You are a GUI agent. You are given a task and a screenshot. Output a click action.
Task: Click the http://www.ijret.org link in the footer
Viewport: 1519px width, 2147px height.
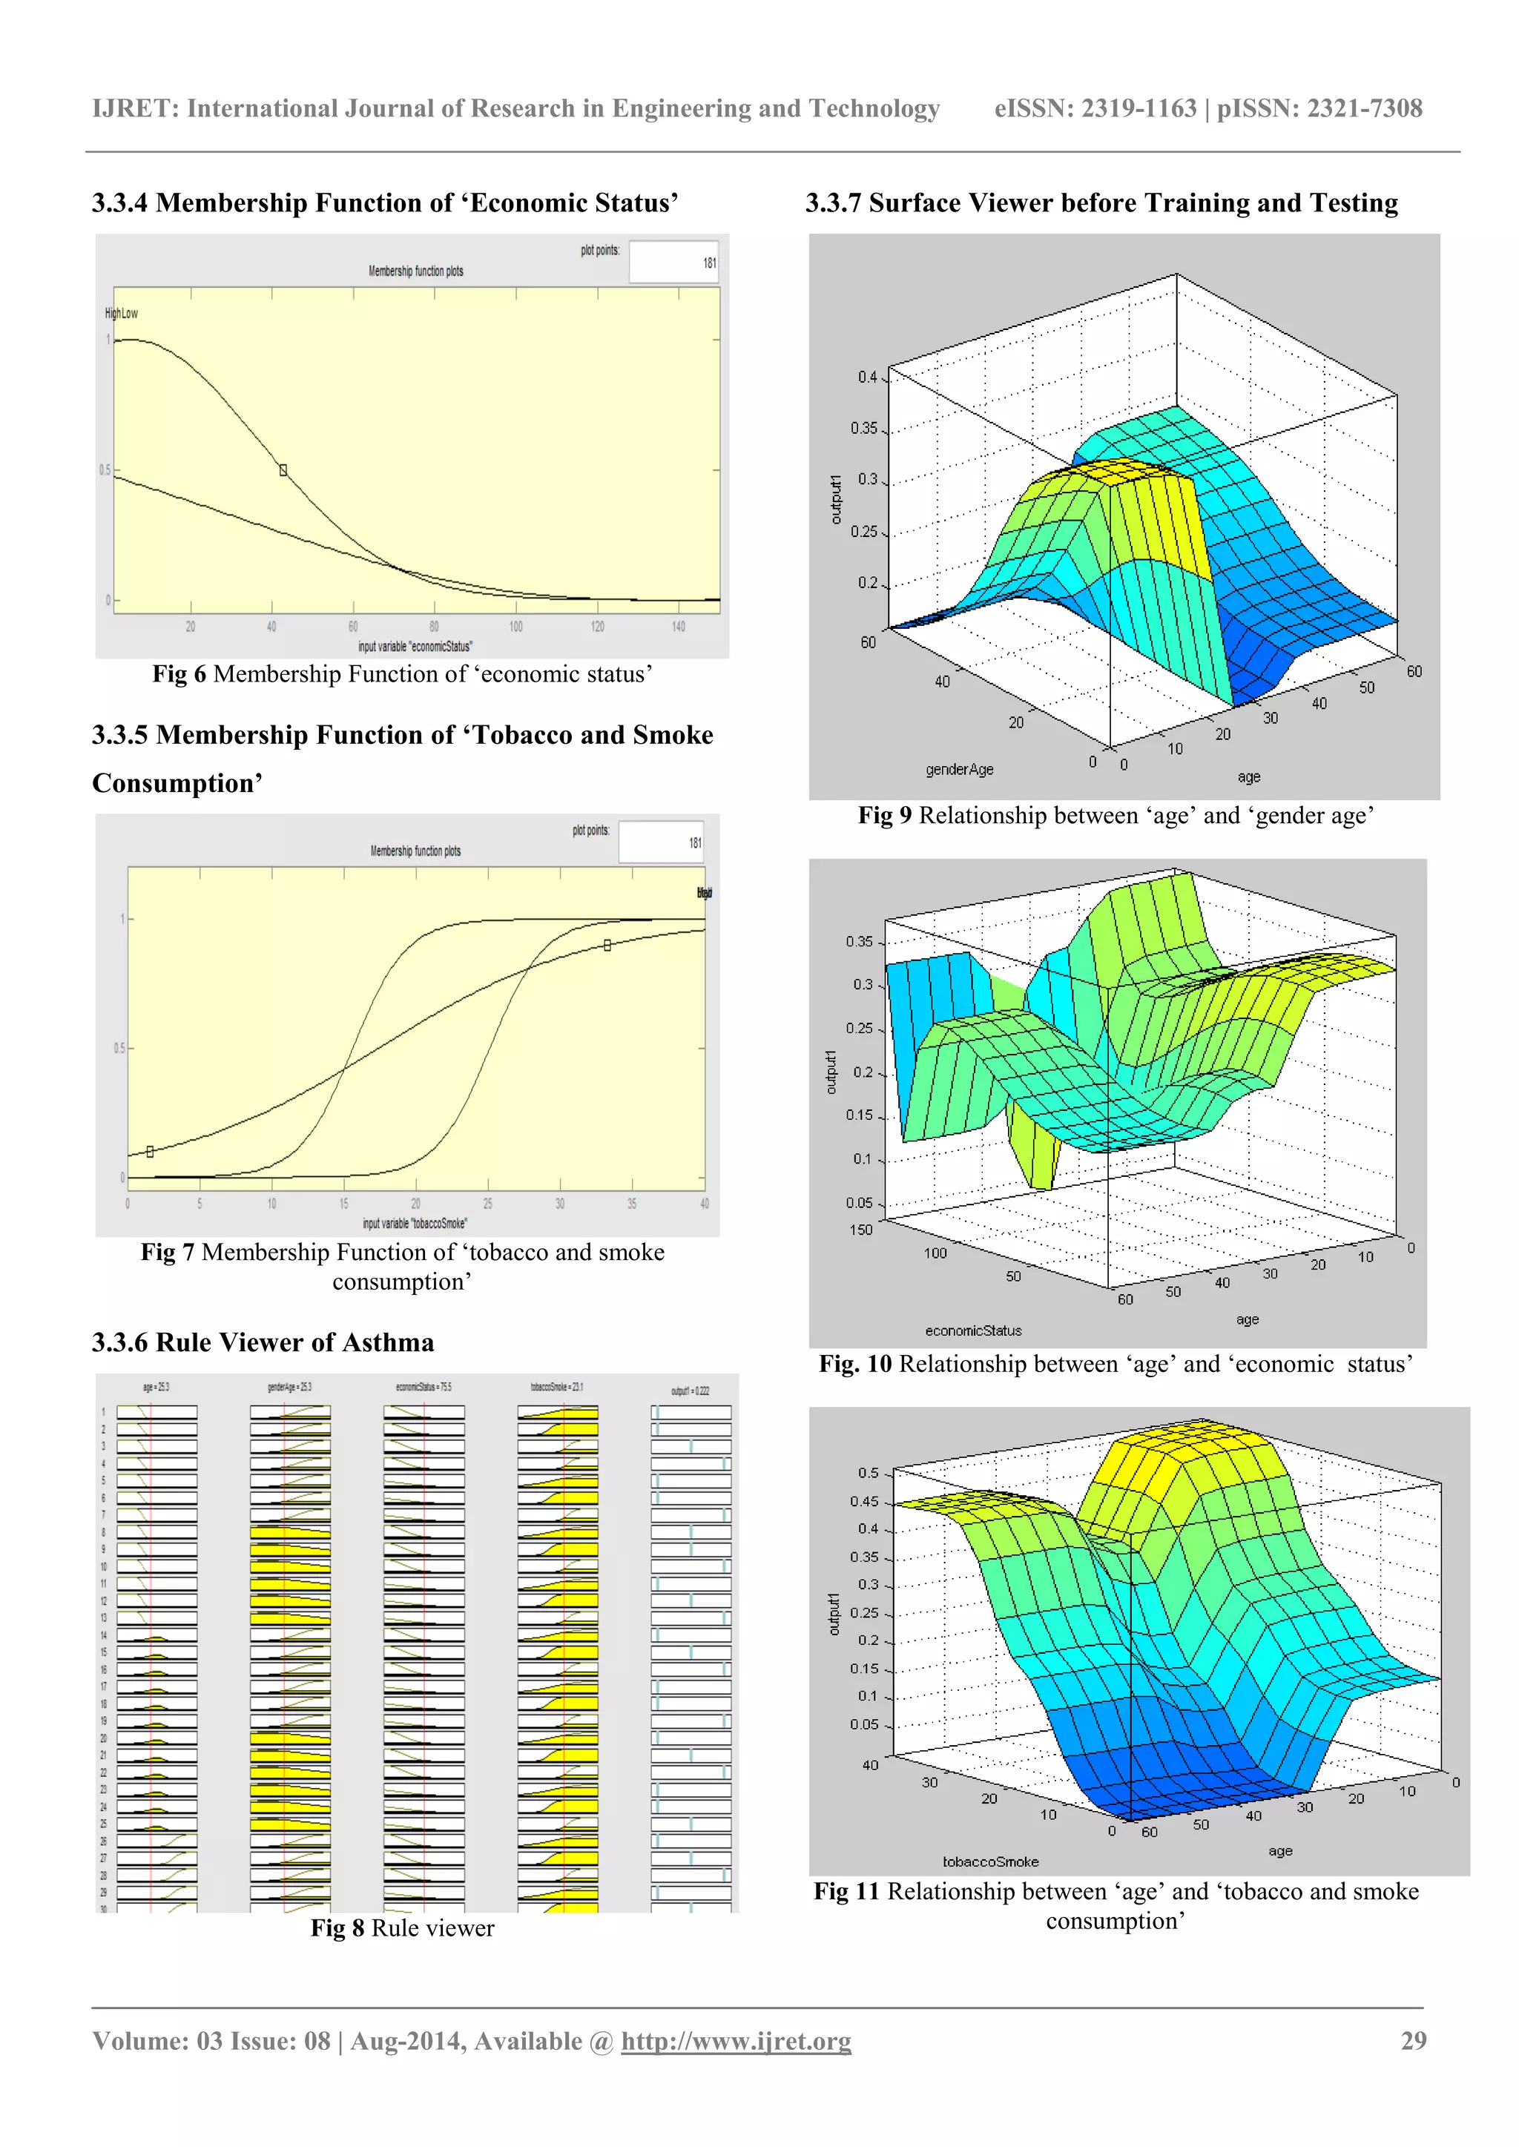(x=735, y=2042)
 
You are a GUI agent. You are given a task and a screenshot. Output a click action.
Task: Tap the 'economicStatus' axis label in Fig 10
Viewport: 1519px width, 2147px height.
(x=973, y=1330)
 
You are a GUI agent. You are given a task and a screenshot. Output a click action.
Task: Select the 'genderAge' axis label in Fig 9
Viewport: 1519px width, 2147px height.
(x=959, y=770)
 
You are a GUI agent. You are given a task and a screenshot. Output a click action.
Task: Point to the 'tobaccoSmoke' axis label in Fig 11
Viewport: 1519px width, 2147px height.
(x=989, y=1861)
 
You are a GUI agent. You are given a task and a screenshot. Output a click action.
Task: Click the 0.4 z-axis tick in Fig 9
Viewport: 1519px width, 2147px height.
(x=867, y=377)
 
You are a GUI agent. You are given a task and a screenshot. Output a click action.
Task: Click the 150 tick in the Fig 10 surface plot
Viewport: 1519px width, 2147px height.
(x=860, y=1230)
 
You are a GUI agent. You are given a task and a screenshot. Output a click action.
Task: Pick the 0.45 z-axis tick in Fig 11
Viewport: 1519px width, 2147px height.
(x=863, y=1501)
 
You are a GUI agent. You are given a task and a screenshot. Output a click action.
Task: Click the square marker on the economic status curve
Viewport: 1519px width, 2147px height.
(x=283, y=470)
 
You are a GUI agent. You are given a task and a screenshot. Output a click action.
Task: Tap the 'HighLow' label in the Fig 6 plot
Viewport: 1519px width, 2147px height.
(x=122, y=313)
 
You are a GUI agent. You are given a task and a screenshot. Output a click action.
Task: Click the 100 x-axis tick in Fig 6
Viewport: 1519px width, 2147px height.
(x=515, y=627)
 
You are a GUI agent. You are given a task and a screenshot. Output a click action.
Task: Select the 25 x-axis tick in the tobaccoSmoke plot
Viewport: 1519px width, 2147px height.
(x=487, y=1204)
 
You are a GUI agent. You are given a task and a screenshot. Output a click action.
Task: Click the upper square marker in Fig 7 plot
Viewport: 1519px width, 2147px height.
(x=607, y=946)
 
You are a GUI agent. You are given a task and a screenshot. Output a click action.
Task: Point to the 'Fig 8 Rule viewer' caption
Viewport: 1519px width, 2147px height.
(x=402, y=1928)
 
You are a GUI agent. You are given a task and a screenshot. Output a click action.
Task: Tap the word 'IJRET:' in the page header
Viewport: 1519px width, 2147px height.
(x=136, y=108)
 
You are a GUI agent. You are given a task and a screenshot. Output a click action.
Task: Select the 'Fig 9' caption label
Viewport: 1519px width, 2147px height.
(x=884, y=815)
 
